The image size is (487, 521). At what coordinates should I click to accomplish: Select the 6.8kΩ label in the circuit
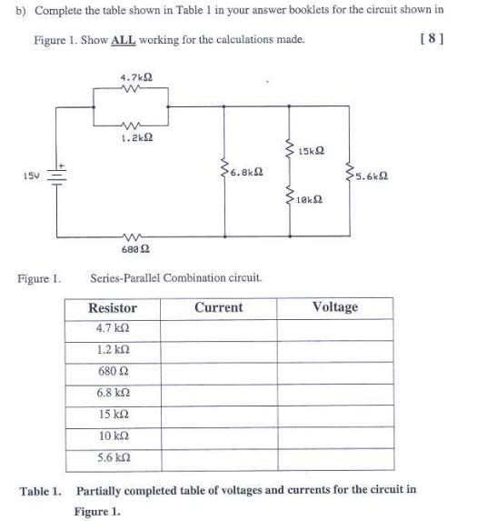[247, 171]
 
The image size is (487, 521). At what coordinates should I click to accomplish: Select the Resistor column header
[114, 308]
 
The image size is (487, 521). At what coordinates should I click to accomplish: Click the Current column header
[218, 307]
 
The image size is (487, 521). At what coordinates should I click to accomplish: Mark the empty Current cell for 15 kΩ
[218, 414]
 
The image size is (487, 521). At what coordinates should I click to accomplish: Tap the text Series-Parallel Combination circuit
[177, 277]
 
